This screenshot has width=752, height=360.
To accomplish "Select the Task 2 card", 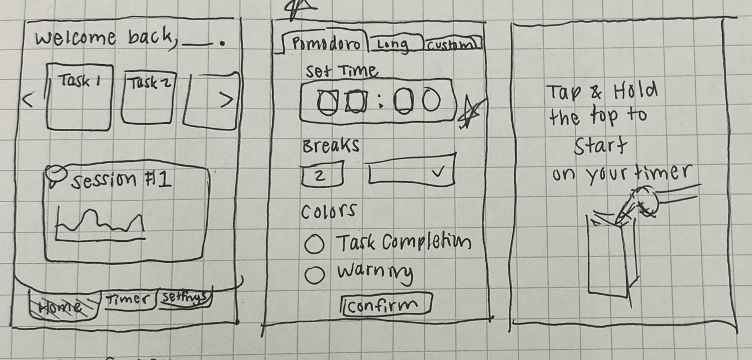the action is pos(147,98).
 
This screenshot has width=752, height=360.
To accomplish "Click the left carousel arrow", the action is pos(27,101).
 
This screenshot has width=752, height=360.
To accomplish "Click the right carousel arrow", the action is pos(225,100).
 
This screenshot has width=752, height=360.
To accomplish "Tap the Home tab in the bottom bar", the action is pos(61,307).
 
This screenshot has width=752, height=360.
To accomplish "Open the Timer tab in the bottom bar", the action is pos(129,300).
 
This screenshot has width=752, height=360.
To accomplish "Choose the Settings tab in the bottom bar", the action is pos(184,298).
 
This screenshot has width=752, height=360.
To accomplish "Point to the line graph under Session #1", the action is pos(100,224).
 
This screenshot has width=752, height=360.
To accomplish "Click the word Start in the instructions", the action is pos(599,147).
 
